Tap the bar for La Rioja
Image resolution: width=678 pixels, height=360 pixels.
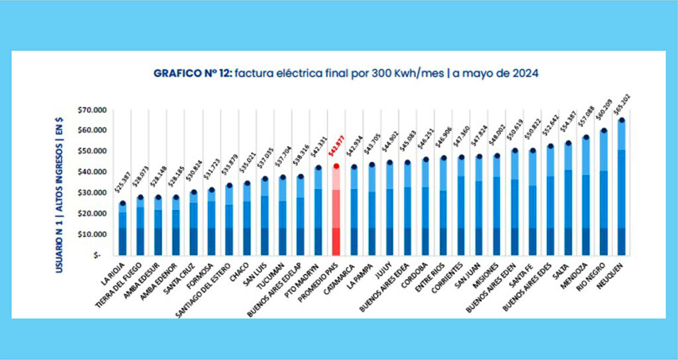click(x=122, y=232)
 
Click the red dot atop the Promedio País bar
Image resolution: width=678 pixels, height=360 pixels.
click(x=336, y=166)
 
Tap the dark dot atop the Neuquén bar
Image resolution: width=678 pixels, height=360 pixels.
click(x=621, y=120)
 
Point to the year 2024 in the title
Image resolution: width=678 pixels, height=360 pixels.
click(x=523, y=73)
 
